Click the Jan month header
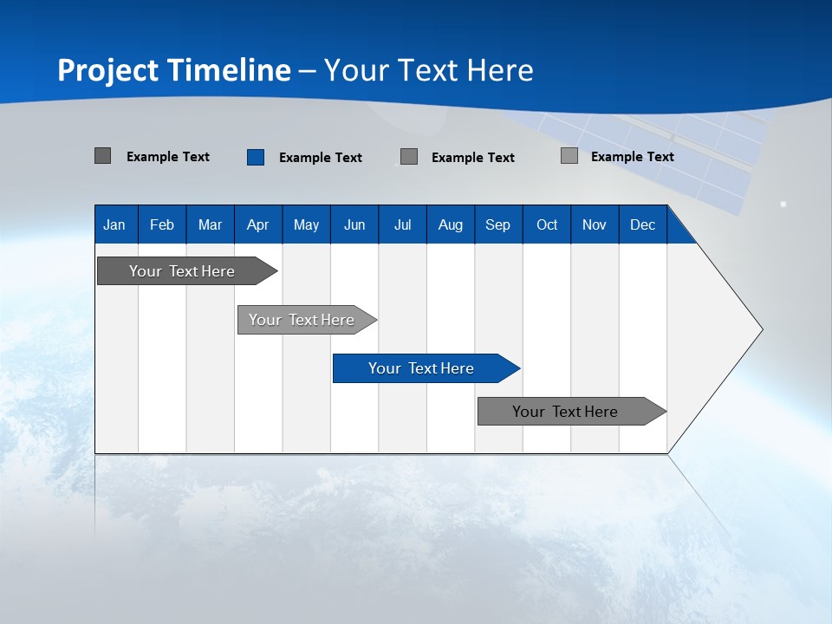[114, 224]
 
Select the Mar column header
[210, 224]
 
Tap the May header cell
[306, 224]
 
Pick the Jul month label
[402, 224]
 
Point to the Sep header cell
[497, 224]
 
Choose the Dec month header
[642, 224]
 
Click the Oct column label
[547, 224]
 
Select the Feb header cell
[162, 224]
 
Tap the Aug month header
[450, 224]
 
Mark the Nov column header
[595, 224]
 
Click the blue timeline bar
[422, 368]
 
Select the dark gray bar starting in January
[183, 271]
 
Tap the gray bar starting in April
[302, 320]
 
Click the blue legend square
[256, 157]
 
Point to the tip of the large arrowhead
[761, 329]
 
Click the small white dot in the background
[783, 204]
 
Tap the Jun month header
[354, 224]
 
